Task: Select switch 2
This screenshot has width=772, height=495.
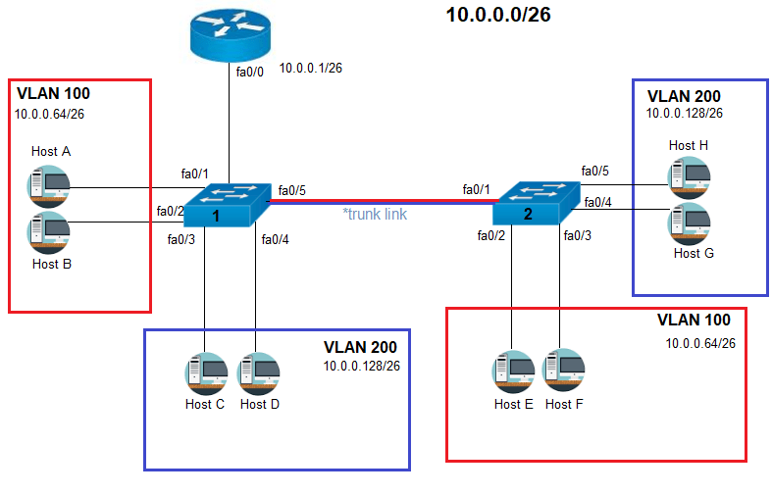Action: (x=537, y=203)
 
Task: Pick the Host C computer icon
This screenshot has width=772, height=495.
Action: (x=205, y=373)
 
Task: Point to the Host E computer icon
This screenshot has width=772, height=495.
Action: (x=512, y=371)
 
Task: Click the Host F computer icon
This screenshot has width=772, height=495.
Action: (x=563, y=371)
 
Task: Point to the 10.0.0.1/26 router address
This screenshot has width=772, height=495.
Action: (x=310, y=69)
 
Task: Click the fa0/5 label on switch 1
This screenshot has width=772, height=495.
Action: (x=291, y=189)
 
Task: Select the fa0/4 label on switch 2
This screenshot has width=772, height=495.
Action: (x=597, y=203)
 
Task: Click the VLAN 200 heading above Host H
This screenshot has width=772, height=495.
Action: (x=684, y=96)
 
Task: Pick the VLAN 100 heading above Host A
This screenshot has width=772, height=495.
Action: (x=54, y=94)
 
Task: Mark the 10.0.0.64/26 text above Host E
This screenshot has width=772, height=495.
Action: (x=700, y=343)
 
